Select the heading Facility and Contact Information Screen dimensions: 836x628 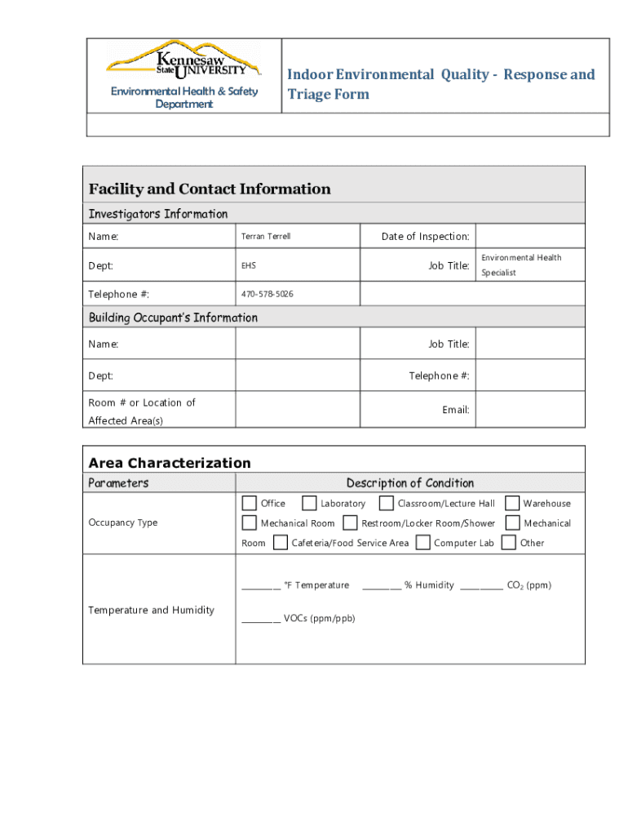click(210, 189)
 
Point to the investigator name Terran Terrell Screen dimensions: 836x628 click(266, 237)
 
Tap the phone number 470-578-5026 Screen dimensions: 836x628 click(268, 294)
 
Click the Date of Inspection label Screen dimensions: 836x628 click(425, 237)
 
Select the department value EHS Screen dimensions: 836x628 click(248, 266)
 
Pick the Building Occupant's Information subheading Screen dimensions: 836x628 click(173, 318)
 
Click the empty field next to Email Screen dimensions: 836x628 click(529, 410)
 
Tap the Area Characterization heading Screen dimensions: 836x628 click(170, 463)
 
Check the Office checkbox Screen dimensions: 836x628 click(250, 503)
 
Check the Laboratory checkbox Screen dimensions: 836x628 click(309, 503)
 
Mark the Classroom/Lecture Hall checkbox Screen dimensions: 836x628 click(387, 503)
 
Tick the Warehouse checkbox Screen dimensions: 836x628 click(512, 503)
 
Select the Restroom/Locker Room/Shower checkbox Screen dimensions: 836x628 click(350, 522)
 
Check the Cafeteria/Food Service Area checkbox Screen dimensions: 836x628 click(281, 542)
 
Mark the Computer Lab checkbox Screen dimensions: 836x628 click(422, 542)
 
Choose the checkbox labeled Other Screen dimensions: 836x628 click(509, 542)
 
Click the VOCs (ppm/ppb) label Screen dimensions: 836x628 click(319, 619)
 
